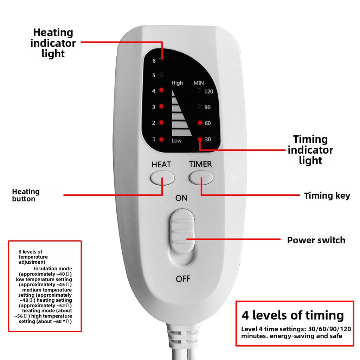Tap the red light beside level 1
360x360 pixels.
(161, 139)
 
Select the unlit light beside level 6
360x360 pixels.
(161, 59)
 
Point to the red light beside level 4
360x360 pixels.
(161, 90)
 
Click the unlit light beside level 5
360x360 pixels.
(161, 75)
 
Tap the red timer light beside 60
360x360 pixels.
(200, 123)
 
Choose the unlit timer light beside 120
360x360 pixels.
(200, 91)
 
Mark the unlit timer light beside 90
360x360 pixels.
(200, 107)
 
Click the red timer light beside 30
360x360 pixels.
(200, 139)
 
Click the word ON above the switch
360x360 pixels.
(181, 198)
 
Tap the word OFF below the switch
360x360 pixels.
(183, 279)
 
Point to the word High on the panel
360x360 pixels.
(177, 83)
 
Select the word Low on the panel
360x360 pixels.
(176, 141)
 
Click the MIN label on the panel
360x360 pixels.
(199, 83)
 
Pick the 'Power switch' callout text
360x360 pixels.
(316, 240)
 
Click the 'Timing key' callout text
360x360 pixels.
(327, 196)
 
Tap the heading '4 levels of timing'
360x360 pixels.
(292, 315)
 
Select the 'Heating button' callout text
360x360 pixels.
(26, 195)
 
